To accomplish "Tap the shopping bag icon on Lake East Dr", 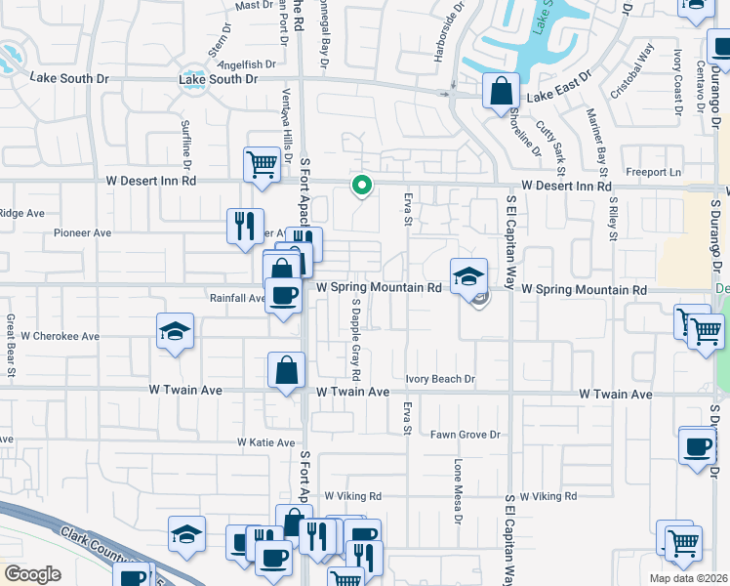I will [x=501, y=92].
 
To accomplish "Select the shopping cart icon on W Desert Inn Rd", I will [x=262, y=165].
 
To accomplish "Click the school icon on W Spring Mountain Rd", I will [x=468, y=275].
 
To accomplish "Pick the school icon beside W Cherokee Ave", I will [x=175, y=331].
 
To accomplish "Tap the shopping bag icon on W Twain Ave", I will [x=287, y=370].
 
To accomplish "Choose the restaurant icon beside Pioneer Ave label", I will [x=244, y=225].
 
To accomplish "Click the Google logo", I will [x=32, y=574].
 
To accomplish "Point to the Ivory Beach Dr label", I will [x=440, y=379].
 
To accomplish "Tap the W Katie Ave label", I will [x=265, y=442].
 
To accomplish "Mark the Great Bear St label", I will [x=11, y=345].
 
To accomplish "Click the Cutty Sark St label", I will [x=576, y=138].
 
